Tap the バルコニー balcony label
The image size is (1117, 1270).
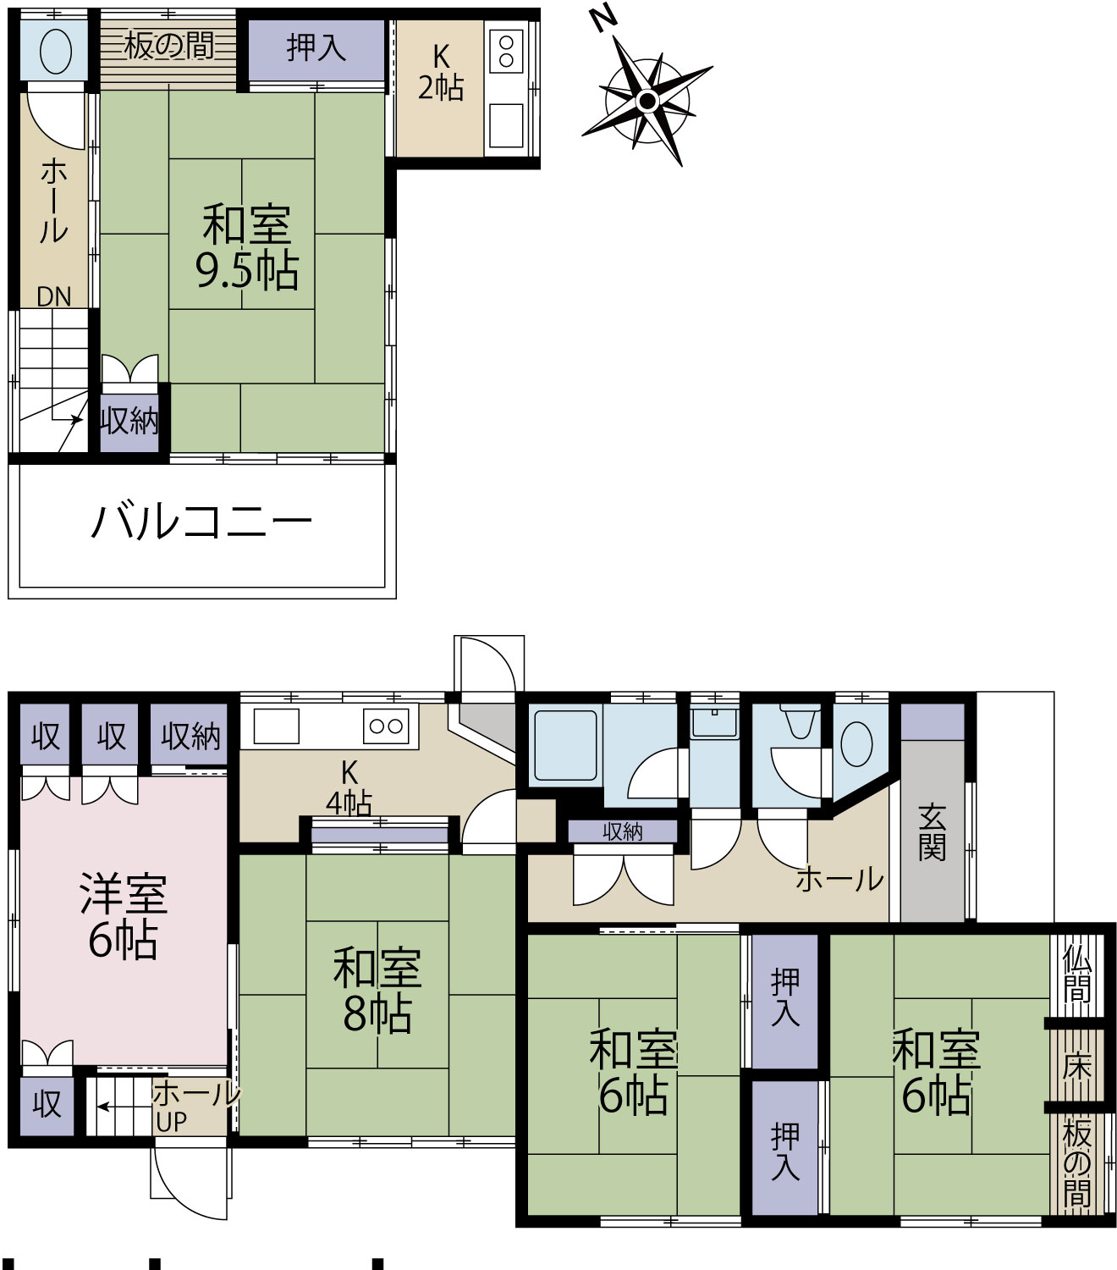pyautogui.click(x=201, y=522)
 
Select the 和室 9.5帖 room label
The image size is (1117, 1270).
pyautogui.click(x=247, y=246)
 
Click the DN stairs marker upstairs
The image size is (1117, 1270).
pyautogui.click(x=54, y=297)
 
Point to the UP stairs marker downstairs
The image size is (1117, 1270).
pyautogui.click(x=171, y=1122)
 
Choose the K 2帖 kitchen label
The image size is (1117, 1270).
pyautogui.click(x=441, y=74)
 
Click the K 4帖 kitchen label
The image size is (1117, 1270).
pyautogui.click(x=349, y=788)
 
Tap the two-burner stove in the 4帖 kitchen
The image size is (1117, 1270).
pyautogui.click(x=386, y=726)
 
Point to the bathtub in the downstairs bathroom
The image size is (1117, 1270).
pyautogui.click(x=565, y=745)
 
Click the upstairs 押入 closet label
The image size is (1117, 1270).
pyautogui.click(x=316, y=48)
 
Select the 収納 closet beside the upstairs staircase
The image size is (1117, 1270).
pyautogui.click(x=129, y=421)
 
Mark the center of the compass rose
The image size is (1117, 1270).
pyautogui.click(x=647, y=100)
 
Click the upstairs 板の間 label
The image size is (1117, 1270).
pyautogui.click(x=168, y=46)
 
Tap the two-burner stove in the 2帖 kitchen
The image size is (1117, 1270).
pyautogui.click(x=506, y=52)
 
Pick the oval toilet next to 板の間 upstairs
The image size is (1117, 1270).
pyautogui.click(x=55, y=52)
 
